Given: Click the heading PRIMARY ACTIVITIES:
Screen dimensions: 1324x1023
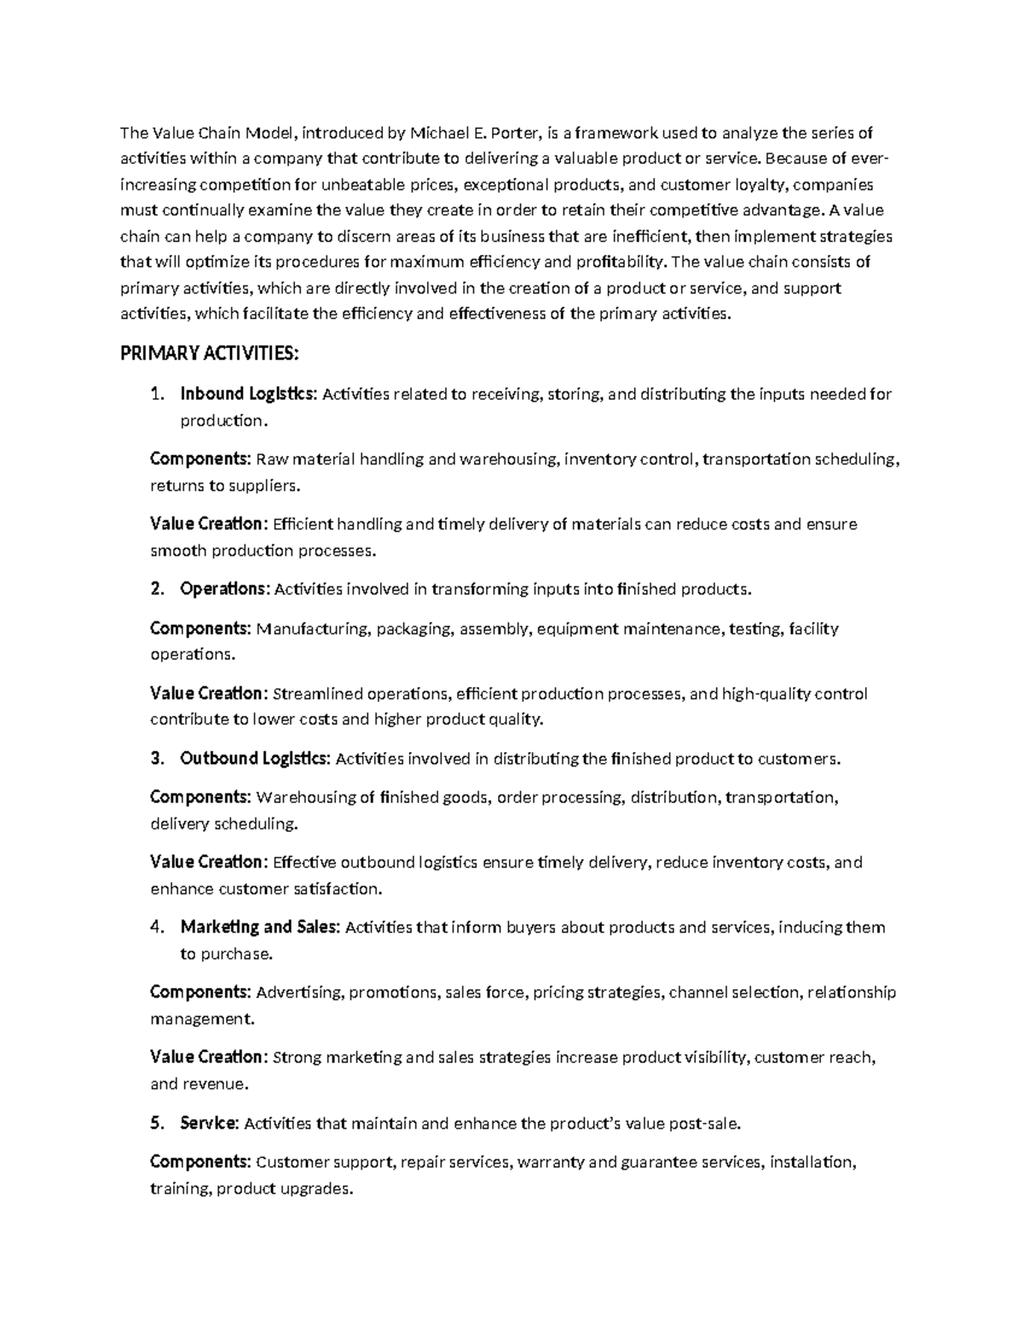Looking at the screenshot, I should point(210,354).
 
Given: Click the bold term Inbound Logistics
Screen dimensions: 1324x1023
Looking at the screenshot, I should point(248,394).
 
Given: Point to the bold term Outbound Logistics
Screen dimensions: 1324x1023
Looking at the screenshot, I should point(254,758).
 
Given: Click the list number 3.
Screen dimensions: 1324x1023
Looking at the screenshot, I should point(156,758).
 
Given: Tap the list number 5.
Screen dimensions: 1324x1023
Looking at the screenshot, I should point(156,1123).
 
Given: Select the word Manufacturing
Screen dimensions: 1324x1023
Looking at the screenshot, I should point(312,628).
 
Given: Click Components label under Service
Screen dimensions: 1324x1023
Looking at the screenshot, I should point(200,1161).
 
